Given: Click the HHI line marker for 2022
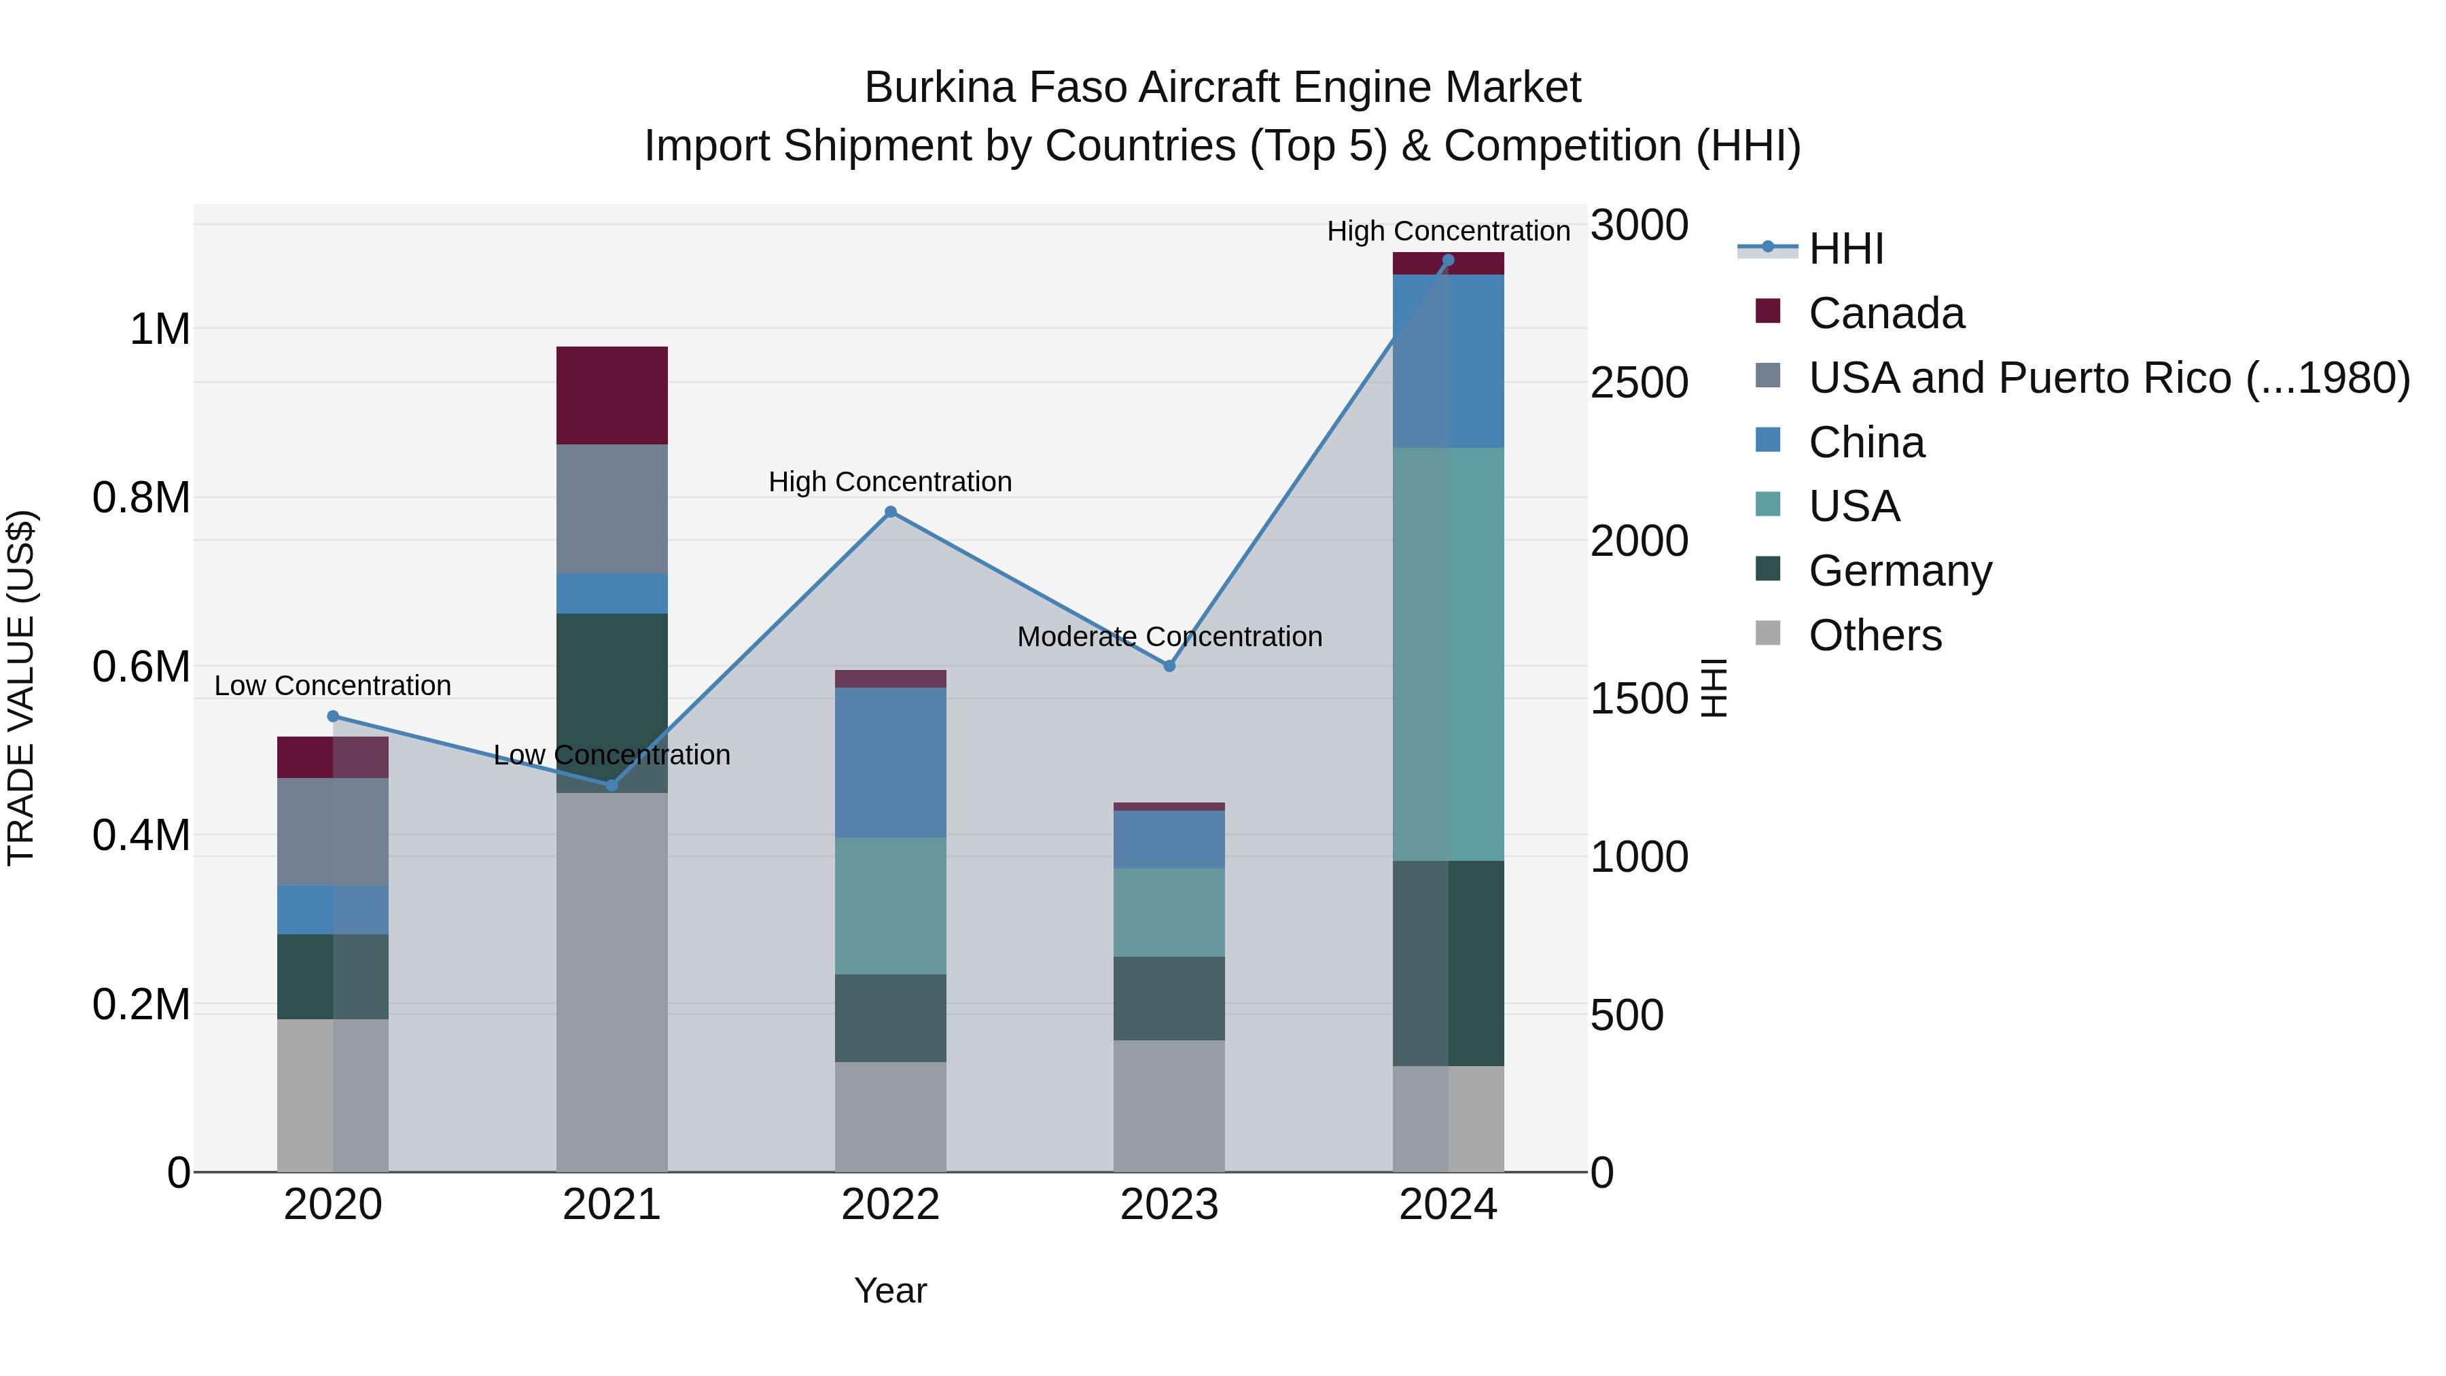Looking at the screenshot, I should click(x=891, y=512).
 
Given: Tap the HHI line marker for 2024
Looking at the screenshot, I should click(x=1448, y=260).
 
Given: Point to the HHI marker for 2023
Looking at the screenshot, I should click(x=1170, y=667).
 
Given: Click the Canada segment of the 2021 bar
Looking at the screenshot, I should click(x=611, y=395).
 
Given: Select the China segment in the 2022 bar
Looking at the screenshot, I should click(x=891, y=762).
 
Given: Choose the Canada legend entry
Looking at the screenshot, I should click(x=1885, y=313).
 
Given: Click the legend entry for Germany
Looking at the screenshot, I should click(x=1899, y=571).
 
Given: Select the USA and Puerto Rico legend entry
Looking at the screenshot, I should click(x=2108, y=378).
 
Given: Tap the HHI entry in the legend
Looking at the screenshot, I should click(x=1845, y=249).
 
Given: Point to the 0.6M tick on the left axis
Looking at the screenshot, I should click(x=141, y=667).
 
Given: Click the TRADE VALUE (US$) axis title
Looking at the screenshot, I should click(x=21, y=688).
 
